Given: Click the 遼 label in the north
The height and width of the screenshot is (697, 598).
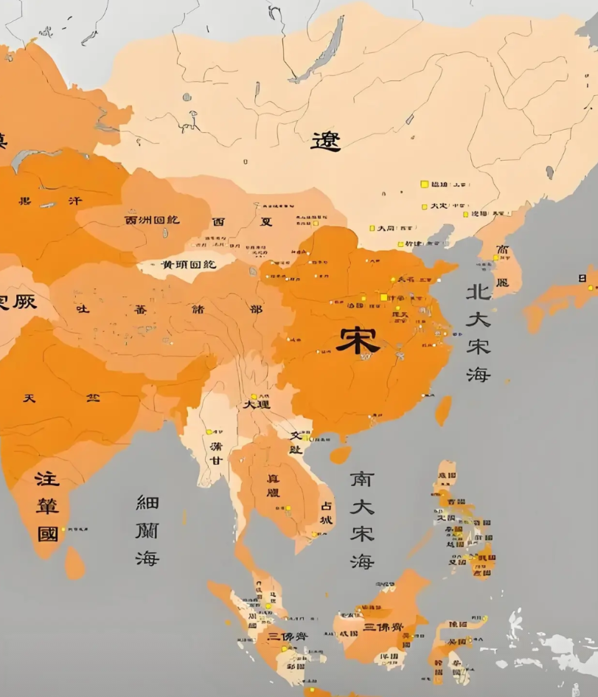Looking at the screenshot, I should pyautogui.click(x=325, y=140).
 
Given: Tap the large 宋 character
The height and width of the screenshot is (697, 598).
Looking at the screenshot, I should pyautogui.click(x=358, y=339).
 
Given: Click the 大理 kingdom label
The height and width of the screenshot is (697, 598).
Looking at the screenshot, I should pyautogui.click(x=257, y=404).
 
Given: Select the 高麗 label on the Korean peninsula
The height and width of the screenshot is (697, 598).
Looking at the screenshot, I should pyautogui.click(x=502, y=266).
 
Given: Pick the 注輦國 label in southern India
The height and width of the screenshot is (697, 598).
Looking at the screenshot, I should pyautogui.click(x=47, y=506).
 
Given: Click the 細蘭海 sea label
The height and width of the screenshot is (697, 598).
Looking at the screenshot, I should pyautogui.click(x=147, y=530).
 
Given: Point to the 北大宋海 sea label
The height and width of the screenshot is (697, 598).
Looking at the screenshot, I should pyautogui.click(x=478, y=333).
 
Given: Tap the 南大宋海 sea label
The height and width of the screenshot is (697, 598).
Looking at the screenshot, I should pyautogui.click(x=362, y=519).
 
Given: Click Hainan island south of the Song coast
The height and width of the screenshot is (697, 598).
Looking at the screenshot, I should pyautogui.click(x=340, y=454).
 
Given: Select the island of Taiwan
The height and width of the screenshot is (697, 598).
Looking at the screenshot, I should pyautogui.click(x=443, y=410).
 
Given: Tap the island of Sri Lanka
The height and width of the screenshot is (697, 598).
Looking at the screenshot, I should pyautogui.click(x=74, y=564).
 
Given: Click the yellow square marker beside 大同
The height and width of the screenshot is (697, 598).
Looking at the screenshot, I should pyautogui.click(x=372, y=229).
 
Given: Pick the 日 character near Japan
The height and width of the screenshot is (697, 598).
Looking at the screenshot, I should pyautogui.click(x=583, y=278).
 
